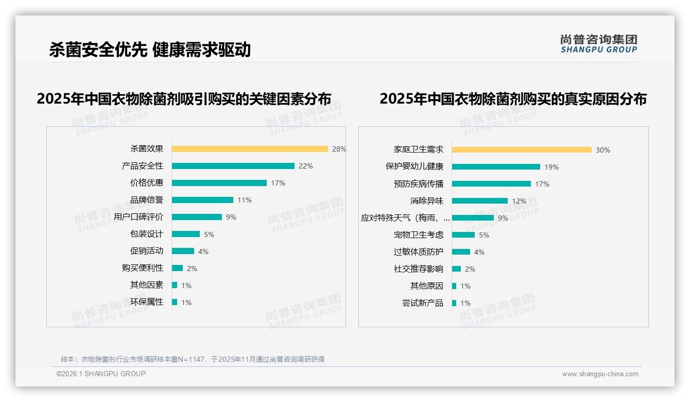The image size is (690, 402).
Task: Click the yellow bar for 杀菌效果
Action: click(x=250, y=149)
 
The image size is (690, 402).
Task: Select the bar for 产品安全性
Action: click(x=233, y=166)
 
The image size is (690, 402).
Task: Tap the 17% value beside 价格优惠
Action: click(x=278, y=183)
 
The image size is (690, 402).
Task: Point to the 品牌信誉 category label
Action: click(x=146, y=200)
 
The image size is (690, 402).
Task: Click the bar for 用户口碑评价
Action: click(x=197, y=217)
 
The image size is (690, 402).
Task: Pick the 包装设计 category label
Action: click(x=146, y=234)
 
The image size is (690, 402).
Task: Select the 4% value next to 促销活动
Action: click(x=203, y=252)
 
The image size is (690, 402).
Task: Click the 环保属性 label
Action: click(x=146, y=302)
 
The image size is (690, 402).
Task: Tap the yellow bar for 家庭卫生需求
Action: click(x=522, y=150)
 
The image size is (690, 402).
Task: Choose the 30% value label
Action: click(x=603, y=150)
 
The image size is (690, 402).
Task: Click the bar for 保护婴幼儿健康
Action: click(x=496, y=167)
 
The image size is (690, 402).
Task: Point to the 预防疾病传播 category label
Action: click(x=418, y=184)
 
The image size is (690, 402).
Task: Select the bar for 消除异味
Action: click(x=480, y=201)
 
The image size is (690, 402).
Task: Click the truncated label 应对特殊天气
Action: click(x=405, y=218)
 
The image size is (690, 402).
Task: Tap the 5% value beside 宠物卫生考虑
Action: click(x=484, y=235)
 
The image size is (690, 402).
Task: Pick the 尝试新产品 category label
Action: click(x=422, y=303)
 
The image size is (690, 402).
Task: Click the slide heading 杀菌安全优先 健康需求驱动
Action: click(x=150, y=49)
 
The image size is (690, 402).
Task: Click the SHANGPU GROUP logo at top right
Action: click(x=598, y=44)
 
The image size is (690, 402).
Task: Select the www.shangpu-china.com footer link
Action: click(x=600, y=374)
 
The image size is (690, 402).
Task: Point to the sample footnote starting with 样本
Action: click(x=193, y=359)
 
